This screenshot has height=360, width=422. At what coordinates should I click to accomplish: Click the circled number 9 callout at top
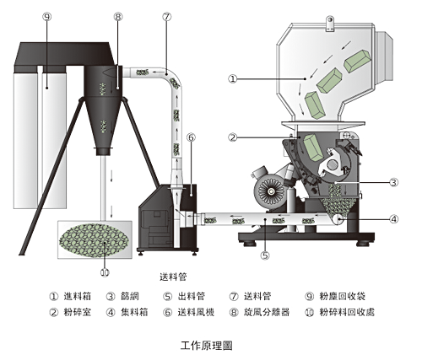(x=47, y=17)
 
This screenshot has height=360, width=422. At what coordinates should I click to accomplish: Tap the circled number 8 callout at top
(x=118, y=17)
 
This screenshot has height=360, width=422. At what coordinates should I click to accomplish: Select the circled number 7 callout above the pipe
(x=167, y=17)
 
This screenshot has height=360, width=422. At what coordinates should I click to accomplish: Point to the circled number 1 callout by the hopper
(x=232, y=79)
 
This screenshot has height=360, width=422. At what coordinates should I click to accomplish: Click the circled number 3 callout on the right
(x=394, y=182)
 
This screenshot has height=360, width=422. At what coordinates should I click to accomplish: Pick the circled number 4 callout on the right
(x=394, y=219)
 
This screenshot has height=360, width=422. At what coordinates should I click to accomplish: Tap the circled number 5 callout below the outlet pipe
(x=265, y=255)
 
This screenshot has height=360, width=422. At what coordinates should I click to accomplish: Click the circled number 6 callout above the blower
(x=191, y=137)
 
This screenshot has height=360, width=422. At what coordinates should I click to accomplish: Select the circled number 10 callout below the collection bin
(x=105, y=272)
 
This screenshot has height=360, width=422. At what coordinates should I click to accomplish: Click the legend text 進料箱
(x=78, y=296)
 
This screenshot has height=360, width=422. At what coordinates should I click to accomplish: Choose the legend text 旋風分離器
(x=267, y=312)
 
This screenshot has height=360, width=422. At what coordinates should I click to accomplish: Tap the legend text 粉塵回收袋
(x=343, y=296)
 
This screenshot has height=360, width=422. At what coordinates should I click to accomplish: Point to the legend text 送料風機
(x=196, y=312)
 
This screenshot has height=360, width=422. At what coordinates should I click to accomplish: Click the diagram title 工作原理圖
(x=207, y=346)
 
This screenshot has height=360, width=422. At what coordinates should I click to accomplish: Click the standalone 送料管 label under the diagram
(x=173, y=277)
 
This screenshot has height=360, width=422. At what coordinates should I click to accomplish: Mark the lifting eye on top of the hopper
(x=330, y=24)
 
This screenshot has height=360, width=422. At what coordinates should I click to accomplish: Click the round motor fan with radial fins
(x=272, y=191)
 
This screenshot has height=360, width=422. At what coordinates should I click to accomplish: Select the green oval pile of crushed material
(x=95, y=240)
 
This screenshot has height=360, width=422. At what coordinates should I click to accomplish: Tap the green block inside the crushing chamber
(x=312, y=148)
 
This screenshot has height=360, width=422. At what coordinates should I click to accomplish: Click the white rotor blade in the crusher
(x=332, y=164)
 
